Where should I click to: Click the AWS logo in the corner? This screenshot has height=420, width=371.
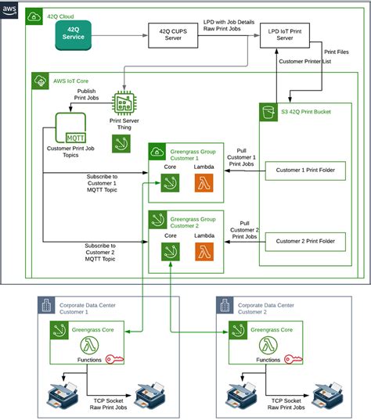(9, 10)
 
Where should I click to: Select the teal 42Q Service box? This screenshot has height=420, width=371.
(73, 35)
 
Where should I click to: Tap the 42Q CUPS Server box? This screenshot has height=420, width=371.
(173, 35)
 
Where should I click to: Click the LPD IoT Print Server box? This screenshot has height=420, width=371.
(285, 35)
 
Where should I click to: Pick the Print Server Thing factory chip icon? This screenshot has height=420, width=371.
(124, 103)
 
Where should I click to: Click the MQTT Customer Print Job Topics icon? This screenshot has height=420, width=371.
(70, 127)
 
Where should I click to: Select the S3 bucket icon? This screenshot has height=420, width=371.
(268, 112)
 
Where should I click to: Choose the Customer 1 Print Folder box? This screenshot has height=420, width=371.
(305, 171)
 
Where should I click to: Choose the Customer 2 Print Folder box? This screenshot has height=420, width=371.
(305, 242)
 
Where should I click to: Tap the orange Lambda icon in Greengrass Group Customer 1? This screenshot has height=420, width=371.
(204, 183)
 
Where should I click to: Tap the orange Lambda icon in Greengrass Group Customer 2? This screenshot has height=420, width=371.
(204, 252)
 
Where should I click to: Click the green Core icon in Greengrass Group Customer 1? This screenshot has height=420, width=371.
(170, 183)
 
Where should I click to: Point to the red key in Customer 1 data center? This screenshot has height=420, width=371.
(114, 359)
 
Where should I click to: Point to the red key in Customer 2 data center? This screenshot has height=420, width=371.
(294, 359)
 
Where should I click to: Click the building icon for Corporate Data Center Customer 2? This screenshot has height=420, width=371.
(225, 305)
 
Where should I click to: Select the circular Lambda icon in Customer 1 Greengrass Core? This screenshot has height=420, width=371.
(89, 345)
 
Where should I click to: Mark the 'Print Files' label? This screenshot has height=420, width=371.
(337, 52)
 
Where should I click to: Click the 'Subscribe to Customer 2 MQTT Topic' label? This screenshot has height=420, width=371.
(100, 253)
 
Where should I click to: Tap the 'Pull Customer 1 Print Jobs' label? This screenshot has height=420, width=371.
(241, 157)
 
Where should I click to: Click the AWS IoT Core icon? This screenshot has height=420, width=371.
(40, 81)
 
